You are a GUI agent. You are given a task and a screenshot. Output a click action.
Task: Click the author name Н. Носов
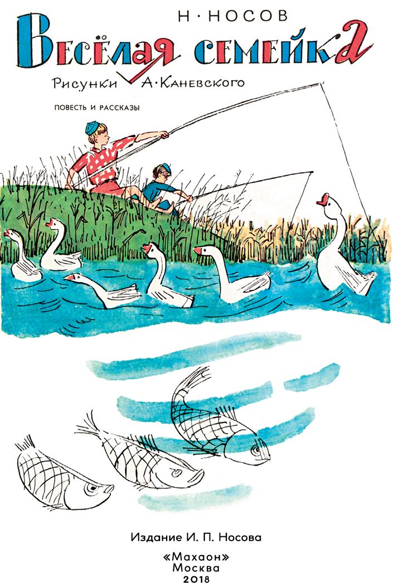coord(233,16)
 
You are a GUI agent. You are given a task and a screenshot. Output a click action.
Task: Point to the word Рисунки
coord(85,83)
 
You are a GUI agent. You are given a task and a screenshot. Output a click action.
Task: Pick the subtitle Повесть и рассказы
coord(97,108)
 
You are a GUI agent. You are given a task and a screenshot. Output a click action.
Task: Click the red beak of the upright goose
coord(323,200)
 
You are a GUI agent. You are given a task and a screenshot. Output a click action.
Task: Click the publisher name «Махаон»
coord(196,557)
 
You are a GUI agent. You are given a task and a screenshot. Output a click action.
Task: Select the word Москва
coord(196,568)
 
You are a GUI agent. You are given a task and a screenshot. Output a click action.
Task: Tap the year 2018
coord(196,579)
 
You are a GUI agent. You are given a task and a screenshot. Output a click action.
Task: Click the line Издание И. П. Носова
coord(196,537)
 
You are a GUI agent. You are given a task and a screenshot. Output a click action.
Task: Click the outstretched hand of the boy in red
coord(163,134)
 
